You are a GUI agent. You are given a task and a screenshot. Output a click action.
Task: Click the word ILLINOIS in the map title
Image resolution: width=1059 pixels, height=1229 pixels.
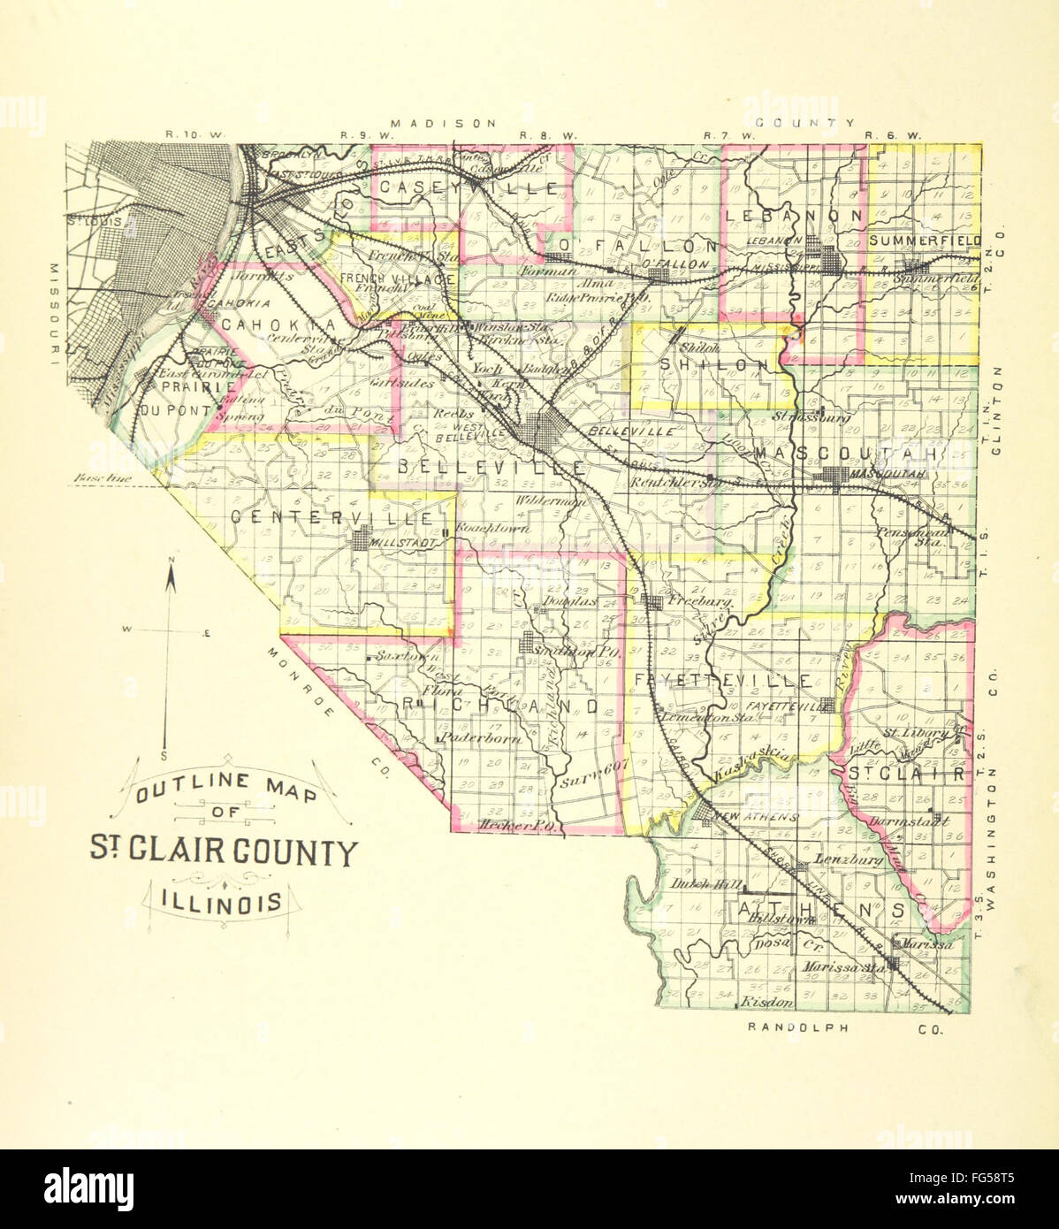tap(223, 902)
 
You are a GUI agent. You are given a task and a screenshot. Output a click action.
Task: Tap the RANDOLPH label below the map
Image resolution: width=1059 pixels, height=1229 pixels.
tap(797, 1027)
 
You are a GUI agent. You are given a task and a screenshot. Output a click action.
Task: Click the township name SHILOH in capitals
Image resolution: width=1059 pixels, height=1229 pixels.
tap(714, 365)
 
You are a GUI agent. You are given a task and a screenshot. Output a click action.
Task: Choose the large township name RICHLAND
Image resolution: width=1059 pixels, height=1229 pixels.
tap(500, 706)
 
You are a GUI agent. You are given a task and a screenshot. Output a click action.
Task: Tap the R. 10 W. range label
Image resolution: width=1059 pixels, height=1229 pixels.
tap(196, 134)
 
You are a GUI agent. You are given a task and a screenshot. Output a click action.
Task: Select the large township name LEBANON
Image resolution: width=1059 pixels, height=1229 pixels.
tap(792, 215)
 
